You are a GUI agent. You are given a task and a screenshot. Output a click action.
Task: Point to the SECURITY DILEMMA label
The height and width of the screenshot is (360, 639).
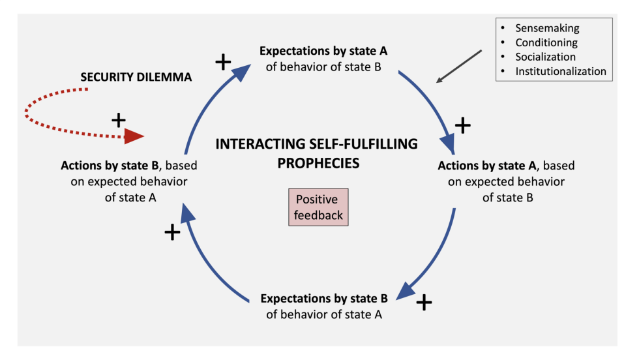[136, 77]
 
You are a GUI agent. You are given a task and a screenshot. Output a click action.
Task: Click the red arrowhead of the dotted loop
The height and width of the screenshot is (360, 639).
[134, 136]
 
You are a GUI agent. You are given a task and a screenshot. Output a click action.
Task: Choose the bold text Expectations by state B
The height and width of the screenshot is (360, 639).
[324, 299]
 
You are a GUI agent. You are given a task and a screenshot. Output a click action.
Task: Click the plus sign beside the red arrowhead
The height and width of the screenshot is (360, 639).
[118, 120]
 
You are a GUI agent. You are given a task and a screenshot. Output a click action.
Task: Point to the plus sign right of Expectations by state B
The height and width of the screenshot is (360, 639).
[424, 302]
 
